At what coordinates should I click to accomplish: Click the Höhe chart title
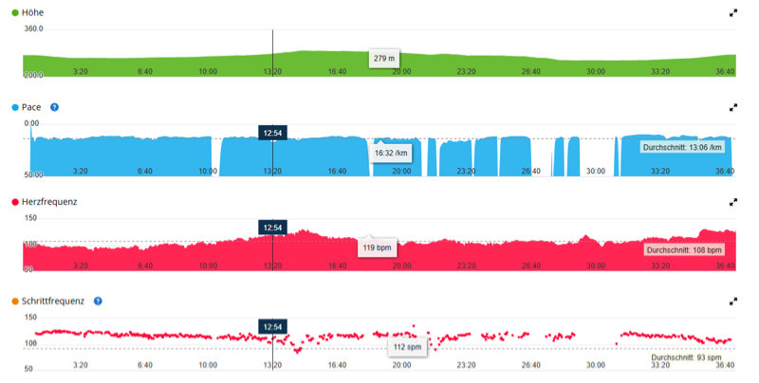33,12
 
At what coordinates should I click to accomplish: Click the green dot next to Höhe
14,12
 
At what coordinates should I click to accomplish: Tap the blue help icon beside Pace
54,107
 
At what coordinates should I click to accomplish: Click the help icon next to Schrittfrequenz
98,301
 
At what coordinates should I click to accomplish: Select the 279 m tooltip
384,59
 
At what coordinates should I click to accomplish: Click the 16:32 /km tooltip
391,152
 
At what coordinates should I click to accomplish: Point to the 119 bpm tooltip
378,247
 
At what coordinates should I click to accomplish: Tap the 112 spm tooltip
406,346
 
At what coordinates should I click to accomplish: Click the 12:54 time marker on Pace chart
272,133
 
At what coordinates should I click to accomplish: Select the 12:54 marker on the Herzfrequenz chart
272,228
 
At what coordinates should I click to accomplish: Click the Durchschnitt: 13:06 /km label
682,148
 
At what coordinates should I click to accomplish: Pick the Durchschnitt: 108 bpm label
682,250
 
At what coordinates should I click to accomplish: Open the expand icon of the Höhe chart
732,13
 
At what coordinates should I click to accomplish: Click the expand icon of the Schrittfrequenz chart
732,301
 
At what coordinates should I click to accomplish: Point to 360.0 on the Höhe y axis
34,29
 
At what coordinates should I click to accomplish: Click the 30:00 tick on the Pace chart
595,172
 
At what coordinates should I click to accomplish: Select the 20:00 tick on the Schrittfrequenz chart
401,364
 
